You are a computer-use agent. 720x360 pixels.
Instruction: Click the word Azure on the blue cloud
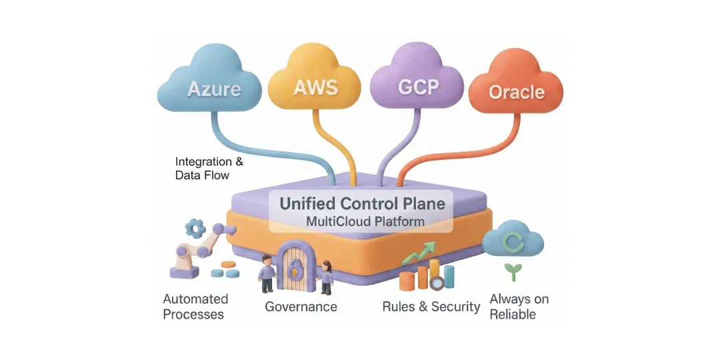click(x=214, y=89)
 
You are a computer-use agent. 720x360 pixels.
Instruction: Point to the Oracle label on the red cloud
click(x=517, y=92)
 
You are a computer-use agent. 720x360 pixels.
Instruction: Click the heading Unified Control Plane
click(x=362, y=203)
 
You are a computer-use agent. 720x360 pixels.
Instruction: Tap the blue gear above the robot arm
click(x=195, y=229)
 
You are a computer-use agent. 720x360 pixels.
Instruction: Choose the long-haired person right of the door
click(x=326, y=275)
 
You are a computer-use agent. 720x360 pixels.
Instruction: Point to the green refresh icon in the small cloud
click(x=513, y=241)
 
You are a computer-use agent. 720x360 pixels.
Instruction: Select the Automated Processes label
click(x=195, y=306)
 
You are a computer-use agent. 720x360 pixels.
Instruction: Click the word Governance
click(x=301, y=307)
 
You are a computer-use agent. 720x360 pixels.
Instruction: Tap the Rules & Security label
click(x=431, y=307)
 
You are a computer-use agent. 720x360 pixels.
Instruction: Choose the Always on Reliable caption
click(x=519, y=306)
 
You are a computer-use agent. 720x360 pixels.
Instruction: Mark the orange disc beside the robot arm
click(x=227, y=264)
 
